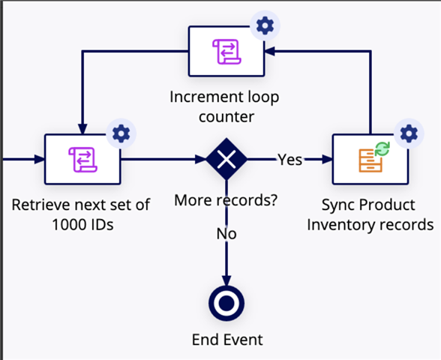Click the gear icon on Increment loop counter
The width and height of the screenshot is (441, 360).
point(265,25)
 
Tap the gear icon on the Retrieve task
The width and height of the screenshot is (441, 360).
point(121,133)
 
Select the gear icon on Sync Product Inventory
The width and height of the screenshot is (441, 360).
point(409,133)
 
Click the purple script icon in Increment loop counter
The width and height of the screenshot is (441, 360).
point(226,52)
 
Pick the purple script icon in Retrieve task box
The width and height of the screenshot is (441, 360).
point(83,160)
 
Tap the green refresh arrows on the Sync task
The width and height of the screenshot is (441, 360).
point(382,148)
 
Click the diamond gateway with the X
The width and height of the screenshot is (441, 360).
point(226,159)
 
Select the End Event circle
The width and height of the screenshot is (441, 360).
point(226,303)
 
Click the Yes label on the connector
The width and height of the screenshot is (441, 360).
point(290,160)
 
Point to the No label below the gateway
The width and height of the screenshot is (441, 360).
point(226,234)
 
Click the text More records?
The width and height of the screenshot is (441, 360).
point(226,200)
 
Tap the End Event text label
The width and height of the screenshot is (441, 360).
point(227,340)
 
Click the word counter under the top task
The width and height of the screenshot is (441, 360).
point(226,117)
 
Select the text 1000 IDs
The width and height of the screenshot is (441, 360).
point(82,224)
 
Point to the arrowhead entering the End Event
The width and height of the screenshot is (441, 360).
point(226,280)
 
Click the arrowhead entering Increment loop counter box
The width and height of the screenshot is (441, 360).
point(270,51)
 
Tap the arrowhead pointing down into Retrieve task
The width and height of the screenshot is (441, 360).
point(82,129)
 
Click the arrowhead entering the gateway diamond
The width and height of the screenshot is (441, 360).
point(200,159)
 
